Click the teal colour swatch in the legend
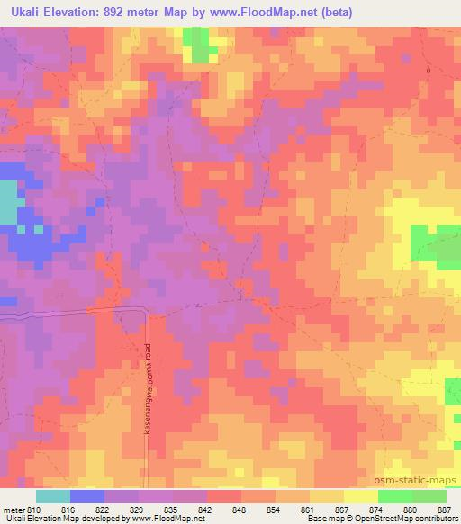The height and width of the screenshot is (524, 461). [x=52, y=496]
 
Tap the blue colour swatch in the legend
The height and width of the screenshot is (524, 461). [x=86, y=496]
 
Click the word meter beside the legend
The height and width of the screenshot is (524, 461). [x=14, y=510]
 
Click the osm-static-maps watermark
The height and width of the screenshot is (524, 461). [x=421, y=478]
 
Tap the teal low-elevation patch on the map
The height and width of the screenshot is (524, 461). [x=8, y=203]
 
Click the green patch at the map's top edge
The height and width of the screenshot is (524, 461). [x=195, y=41]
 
